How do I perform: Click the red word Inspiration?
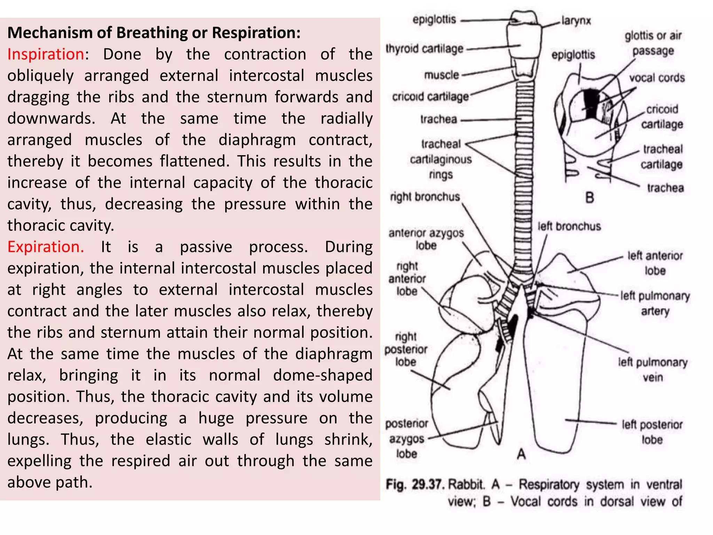click(x=46, y=54)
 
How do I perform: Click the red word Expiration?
click(x=46, y=247)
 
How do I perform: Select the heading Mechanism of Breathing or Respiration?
click(x=154, y=33)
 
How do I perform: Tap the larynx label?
click(x=576, y=21)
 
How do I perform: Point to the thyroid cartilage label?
click(x=424, y=49)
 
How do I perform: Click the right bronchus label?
click(x=425, y=197)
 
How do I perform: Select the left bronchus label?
click(x=569, y=226)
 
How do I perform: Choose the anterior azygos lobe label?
click(x=426, y=239)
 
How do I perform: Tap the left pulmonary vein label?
click(x=653, y=370)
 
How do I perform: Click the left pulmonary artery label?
click(x=655, y=303)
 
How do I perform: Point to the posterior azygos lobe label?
click(x=407, y=439)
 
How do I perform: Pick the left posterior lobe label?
click(x=652, y=432)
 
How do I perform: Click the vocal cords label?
click(x=657, y=78)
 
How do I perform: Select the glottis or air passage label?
click(x=653, y=43)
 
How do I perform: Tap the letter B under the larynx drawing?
click(x=589, y=198)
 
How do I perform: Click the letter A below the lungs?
click(x=521, y=454)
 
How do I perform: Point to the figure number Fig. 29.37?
click(x=415, y=484)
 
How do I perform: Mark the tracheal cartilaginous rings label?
click(x=441, y=159)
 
